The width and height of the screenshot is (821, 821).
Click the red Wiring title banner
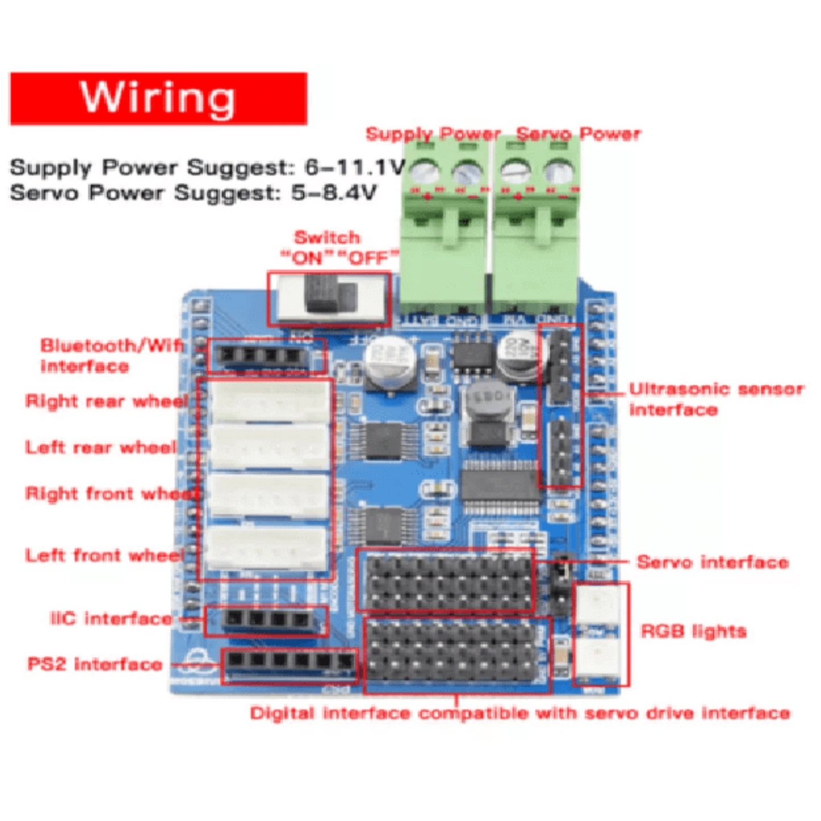pos(159,98)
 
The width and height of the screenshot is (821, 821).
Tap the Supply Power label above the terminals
pos(432,134)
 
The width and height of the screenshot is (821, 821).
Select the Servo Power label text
pos(578,134)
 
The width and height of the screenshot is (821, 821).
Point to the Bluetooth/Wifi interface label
pos(111,355)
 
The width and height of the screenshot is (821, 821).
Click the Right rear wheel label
pos(106,401)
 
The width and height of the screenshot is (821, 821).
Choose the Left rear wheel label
pos(101,447)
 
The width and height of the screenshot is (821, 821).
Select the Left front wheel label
pos(105,555)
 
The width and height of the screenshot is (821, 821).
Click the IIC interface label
pos(111,618)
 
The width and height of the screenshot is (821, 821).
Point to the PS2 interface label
pos(95,664)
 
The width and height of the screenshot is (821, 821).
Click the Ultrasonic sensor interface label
pos(716,399)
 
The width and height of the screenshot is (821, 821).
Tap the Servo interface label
pos(712,562)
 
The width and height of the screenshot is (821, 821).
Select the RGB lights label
pos(693,631)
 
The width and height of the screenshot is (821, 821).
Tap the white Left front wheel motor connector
pos(266,548)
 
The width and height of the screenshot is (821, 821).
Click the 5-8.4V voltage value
pos(334,193)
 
